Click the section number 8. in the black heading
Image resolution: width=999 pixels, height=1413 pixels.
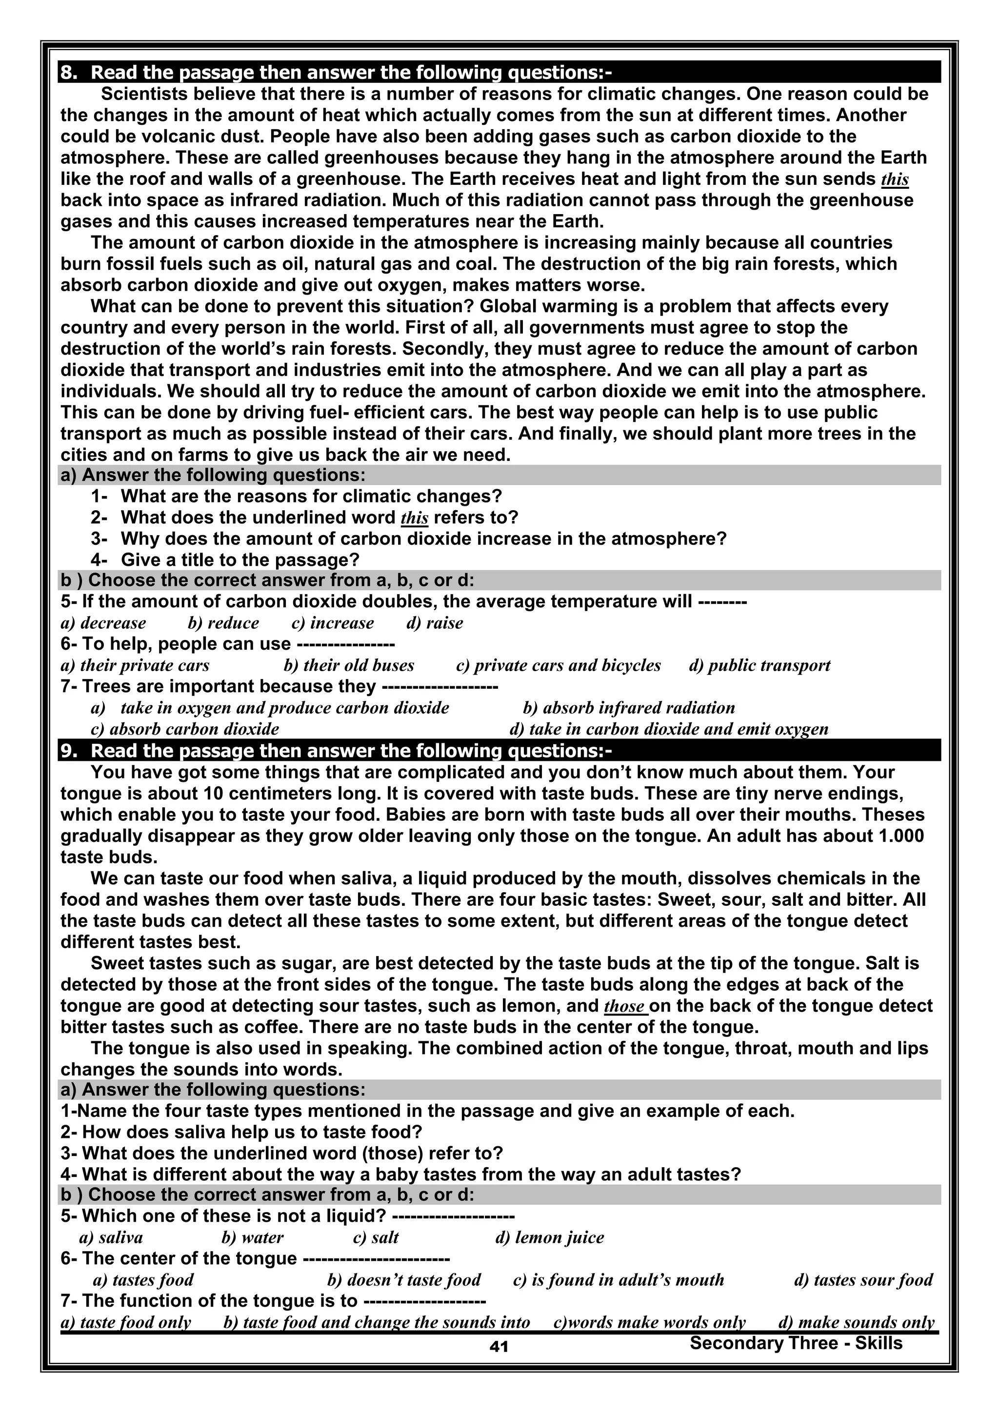[69, 73]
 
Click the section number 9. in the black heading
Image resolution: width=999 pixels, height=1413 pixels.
[69, 751]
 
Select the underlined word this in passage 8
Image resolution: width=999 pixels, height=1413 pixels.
[895, 179]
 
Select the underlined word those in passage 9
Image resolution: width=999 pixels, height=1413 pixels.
[625, 1006]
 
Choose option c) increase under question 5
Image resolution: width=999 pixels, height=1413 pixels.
[332, 623]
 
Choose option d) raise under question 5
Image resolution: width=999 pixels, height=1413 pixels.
[435, 623]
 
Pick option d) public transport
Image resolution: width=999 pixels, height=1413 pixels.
[759, 665]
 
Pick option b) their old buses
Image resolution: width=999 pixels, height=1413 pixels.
[348, 665]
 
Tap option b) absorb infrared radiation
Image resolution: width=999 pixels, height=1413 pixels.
[628, 708]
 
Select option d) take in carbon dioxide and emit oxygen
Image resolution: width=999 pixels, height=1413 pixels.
[668, 729]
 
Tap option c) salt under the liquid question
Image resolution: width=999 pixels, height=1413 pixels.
[376, 1237]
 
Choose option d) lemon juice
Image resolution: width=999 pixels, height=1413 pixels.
[549, 1237]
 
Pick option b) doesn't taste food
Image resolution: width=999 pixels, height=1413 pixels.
[404, 1280]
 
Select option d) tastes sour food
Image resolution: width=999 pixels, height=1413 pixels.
[863, 1280]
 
